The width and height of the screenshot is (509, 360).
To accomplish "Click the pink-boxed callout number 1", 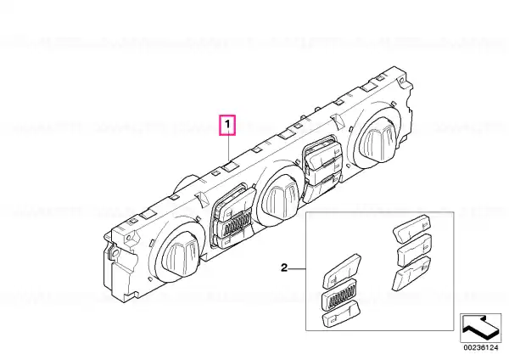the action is tap(227, 125).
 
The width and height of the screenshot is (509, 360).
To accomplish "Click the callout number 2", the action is tap(284, 268).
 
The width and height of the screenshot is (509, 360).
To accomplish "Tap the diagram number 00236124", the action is tap(480, 347).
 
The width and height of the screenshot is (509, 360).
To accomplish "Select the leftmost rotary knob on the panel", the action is tap(180, 256).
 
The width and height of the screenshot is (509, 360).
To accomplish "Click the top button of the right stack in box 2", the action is tap(411, 228).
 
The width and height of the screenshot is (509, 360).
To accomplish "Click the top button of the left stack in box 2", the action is tap(342, 270).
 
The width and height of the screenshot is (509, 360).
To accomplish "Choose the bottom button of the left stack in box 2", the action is tap(341, 313).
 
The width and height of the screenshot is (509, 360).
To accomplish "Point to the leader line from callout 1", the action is tap(228, 148).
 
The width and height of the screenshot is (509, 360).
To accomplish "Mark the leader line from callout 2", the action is tap(297, 268).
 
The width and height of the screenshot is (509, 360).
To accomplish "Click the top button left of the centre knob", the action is tap(234, 202).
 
